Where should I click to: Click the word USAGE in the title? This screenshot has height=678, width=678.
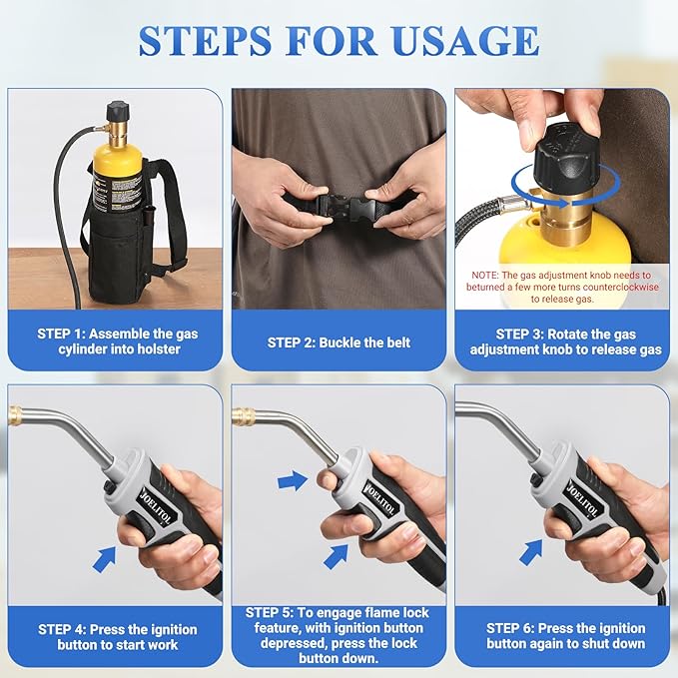tap(465, 41)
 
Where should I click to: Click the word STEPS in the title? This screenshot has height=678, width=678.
tap(205, 41)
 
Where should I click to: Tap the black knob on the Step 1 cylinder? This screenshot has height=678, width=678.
tap(117, 112)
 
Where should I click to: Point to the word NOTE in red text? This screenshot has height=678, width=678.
tap(484, 276)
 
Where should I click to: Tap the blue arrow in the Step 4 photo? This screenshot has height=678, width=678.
tap(104, 559)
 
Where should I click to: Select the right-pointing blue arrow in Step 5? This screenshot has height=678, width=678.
tap(293, 481)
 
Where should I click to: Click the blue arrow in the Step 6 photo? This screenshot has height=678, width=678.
tap(530, 552)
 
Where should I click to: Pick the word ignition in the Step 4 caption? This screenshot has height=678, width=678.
tap(170, 629)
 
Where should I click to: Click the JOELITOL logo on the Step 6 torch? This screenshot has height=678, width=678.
tap(582, 498)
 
